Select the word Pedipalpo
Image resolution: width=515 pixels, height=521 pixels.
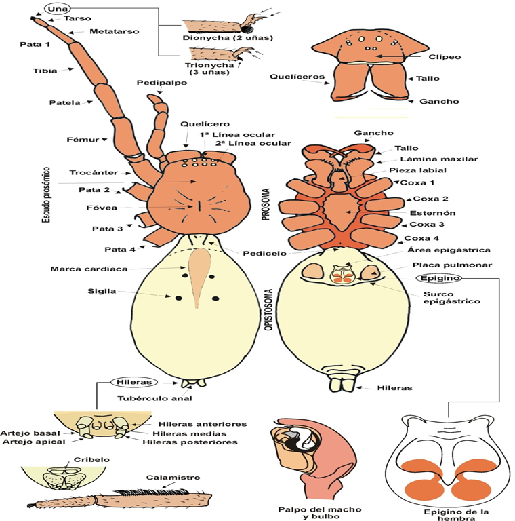162,83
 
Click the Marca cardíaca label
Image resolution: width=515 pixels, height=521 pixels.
89,269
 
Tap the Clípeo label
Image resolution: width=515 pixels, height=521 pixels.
445,57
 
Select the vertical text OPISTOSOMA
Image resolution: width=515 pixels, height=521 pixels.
266,322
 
